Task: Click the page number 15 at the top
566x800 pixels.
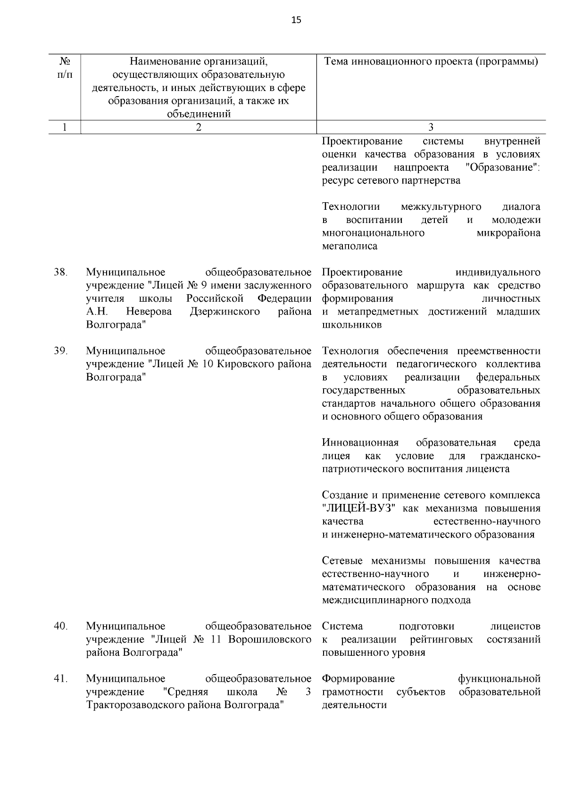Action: point(296,20)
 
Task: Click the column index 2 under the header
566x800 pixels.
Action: point(199,127)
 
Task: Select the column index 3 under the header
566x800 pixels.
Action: point(430,127)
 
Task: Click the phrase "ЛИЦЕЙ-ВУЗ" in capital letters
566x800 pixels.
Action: point(358,509)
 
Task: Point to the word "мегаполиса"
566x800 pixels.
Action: point(350,246)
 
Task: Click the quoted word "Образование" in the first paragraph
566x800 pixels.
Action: point(501,167)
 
